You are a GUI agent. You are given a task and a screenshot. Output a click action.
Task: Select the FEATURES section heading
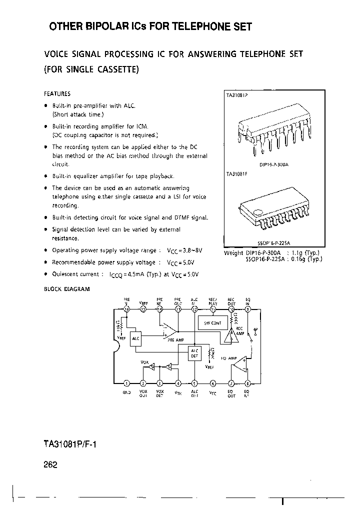(57, 93)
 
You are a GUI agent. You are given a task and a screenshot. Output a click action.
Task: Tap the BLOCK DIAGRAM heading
(66, 289)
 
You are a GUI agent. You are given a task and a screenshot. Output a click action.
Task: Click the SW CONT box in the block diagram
(212, 323)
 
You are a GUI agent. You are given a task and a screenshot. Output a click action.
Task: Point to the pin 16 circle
(126, 309)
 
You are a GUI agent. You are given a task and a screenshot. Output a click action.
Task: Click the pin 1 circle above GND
(126, 383)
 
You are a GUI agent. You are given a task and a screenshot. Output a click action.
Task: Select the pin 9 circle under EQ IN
(248, 309)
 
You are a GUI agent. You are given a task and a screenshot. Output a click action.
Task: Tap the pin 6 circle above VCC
(212, 383)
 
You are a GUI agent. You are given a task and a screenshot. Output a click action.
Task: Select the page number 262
(50, 464)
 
